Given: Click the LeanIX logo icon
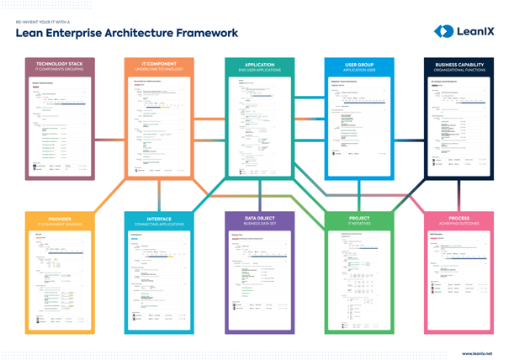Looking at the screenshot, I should [443, 31].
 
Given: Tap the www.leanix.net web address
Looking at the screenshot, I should [477, 354].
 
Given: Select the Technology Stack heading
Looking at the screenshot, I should [60, 65].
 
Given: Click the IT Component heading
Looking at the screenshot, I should [159, 65].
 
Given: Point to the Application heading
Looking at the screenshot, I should [259, 65].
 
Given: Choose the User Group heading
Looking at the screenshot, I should [359, 65].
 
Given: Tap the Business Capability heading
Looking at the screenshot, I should [459, 65].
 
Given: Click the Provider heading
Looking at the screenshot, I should [60, 219].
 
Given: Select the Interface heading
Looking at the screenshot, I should [159, 219].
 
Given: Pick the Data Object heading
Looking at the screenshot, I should [259, 219].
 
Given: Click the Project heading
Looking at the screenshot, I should [359, 219].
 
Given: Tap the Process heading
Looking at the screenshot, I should [459, 219].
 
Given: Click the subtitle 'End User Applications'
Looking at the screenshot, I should [259, 71].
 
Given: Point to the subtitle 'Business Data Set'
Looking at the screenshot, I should [259, 225].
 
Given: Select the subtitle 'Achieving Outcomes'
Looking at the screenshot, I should [459, 225].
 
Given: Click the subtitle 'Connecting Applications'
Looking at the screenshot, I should [159, 225].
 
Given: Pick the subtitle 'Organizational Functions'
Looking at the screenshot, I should [459, 71].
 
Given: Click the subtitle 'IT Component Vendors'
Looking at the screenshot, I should [60, 225].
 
